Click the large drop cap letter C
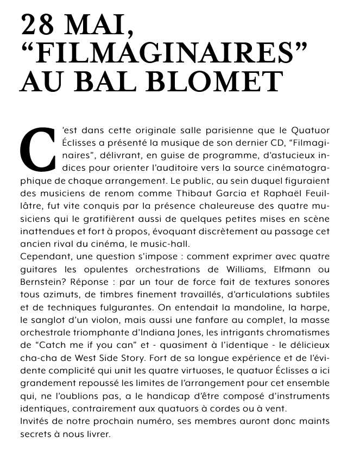pyautogui.click(x=38, y=149)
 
